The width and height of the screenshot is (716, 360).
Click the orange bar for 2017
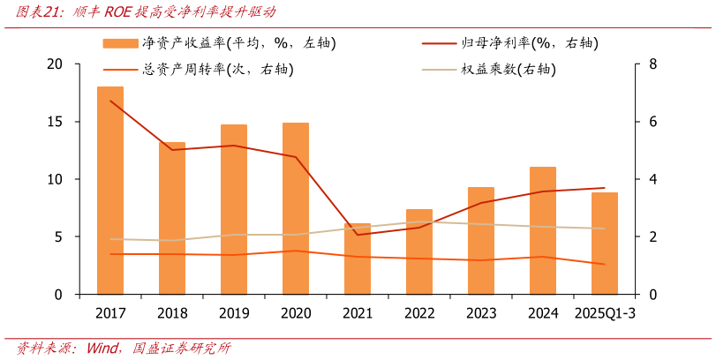point(110,190)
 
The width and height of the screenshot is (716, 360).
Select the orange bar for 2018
point(172,218)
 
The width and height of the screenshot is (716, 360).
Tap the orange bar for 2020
point(296,208)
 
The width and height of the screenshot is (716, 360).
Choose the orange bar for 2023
point(481,240)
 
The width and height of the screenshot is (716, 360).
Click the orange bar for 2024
point(543,230)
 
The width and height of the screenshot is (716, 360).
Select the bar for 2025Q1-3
point(605,243)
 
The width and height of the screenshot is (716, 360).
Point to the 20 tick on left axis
point(56,64)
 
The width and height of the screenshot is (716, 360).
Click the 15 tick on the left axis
point(56,122)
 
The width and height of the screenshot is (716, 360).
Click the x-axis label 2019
point(234,313)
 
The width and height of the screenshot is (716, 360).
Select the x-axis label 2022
point(419,313)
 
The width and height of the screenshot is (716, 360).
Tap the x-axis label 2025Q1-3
point(605,313)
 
